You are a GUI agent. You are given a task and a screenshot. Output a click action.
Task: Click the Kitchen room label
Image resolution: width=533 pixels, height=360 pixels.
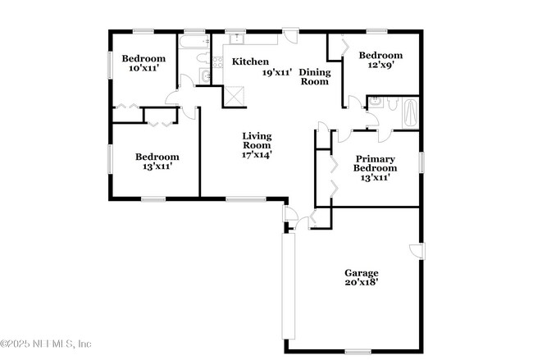click(x=250, y=62)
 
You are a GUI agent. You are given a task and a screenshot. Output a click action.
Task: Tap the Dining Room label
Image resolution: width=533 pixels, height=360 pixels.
click(x=313, y=77)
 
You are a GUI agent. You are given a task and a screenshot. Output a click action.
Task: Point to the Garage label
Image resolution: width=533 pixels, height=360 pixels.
click(x=361, y=273)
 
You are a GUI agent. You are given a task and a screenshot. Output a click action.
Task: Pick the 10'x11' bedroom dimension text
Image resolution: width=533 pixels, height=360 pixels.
click(x=143, y=69)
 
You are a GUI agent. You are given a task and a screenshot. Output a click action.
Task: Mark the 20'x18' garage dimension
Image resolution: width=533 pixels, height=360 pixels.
click(x=361, y=284)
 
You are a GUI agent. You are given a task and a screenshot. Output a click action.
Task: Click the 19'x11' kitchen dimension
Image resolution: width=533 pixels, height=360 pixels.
click(x=277, y=72)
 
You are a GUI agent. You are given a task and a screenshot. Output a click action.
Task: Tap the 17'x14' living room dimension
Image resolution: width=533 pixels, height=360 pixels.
click(x=257, y=153)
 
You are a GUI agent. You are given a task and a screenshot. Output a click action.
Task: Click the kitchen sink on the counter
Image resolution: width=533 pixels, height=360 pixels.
click(x=235, y=38)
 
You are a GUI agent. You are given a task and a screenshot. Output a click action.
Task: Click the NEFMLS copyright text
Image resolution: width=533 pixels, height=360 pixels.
click(x=46, y=344)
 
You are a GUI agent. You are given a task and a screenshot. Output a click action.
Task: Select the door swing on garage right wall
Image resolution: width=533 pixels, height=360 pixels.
click(x=417, y=251)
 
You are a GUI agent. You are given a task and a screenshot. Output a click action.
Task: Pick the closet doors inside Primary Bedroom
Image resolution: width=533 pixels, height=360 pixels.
click(x=332, y=175)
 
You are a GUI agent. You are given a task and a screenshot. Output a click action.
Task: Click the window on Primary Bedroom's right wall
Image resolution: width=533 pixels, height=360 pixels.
click(x=422, y=162)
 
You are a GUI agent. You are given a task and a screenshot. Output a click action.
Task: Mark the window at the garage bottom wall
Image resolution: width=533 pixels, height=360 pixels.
click(x=358, y=352)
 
